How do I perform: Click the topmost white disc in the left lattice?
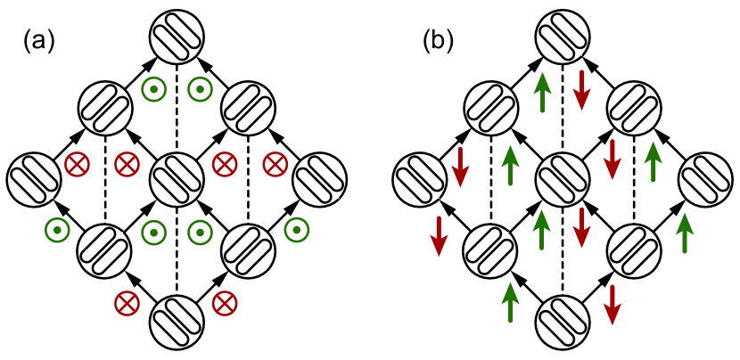tap(177, 37)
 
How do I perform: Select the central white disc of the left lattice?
tap(177, 180)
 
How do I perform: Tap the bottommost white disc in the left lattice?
tap(177, 323)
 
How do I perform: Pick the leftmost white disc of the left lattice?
tap(34, 180)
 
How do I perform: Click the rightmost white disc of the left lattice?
tap(319, 180)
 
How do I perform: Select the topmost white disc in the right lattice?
tap(563, 37)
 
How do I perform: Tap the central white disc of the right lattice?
tap(563, 180)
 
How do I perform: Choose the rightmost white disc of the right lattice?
tap(705, 180)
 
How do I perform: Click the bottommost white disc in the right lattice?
tap(563, 323)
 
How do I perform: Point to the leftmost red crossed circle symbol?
tap(78, 164)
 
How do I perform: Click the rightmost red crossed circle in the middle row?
tap(275, 164)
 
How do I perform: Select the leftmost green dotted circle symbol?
tap(58, 230)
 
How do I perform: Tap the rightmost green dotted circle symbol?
tap(297, 230)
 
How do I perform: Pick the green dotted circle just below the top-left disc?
tap(154, 89)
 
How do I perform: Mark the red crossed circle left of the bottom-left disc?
tap(127, 303)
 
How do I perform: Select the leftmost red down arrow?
tap(439, 236)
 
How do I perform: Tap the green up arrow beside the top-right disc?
tap(654, 161)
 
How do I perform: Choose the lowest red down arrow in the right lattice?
tap(612, 306)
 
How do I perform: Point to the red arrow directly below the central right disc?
tap(581, 228)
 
